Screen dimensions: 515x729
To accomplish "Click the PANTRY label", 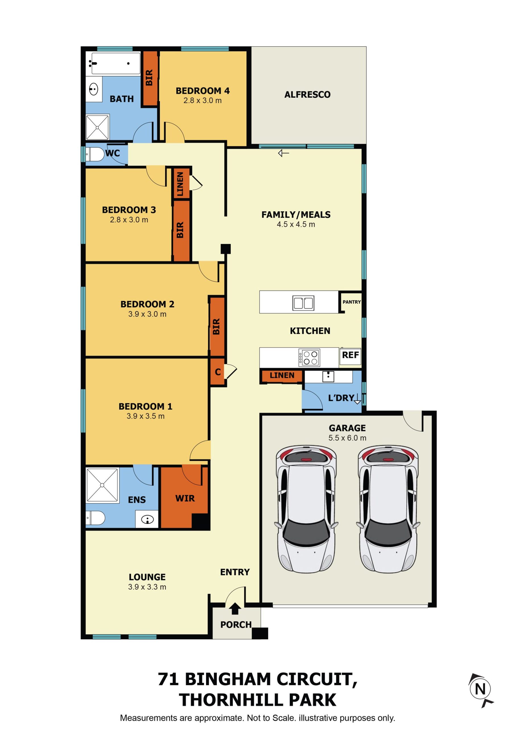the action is pos(352,302).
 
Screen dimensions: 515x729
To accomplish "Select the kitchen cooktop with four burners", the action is pos(309,357).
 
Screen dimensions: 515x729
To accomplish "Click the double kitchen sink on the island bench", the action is pos(303,303).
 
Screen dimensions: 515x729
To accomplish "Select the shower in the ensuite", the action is pos(102,486).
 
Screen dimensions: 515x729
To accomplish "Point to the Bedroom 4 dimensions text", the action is pos(203,101).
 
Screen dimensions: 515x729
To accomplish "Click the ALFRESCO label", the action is pos(307,95).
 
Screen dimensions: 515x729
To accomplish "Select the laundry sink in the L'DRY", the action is pos(328,376).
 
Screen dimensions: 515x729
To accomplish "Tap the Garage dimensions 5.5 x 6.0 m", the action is pos(347,438).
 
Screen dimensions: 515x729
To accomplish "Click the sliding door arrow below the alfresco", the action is pos(283,154).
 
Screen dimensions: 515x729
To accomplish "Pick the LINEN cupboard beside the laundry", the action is pos(282,376).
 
